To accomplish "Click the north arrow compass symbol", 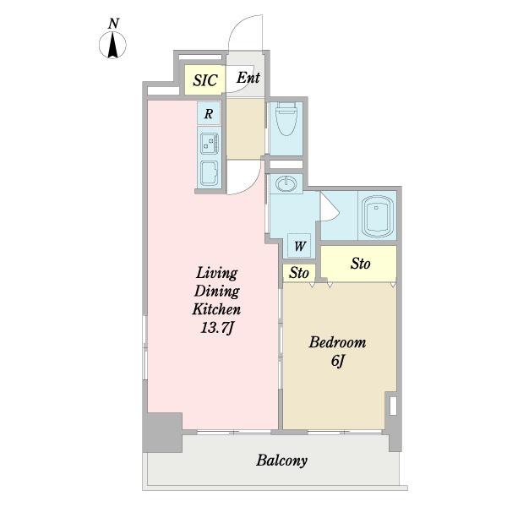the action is click(x=112, y=46).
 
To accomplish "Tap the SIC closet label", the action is click(x=205, y=80).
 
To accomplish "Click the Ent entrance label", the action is click(x=248, y=78).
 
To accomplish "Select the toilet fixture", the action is click(x=286, y=119).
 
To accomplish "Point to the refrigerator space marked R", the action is click(x=209, y=113).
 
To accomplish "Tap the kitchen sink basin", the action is click(x=209, y=173).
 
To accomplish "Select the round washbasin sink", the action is click(x=286, y=184).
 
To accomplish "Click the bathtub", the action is click(x=377, y=215).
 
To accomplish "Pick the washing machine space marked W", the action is click(x=299, y=245).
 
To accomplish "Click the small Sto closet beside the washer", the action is click(x=299, y=273).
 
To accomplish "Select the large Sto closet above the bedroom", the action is click(x=358, y=263).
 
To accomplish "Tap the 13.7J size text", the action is click(x=217, y=328).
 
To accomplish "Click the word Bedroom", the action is click(x=337, y=342).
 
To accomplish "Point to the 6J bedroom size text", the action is click(x=337, y=361).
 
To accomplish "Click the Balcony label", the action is click(x=281, y=461).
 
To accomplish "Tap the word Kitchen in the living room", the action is click(x=216, y=309).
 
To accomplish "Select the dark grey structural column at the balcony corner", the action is click(x=162, y=433).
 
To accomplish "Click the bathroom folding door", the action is click(x=330, y=207).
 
